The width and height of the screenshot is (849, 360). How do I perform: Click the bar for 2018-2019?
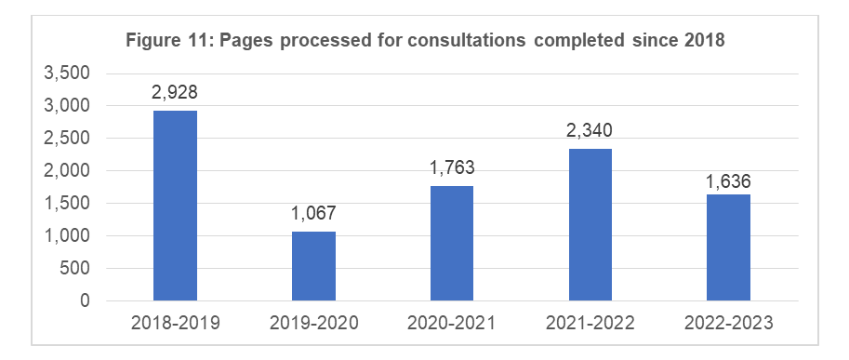(175, 206)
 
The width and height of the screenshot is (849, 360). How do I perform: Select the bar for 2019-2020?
(313, 266)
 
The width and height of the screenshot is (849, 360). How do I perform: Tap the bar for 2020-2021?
(451, 244)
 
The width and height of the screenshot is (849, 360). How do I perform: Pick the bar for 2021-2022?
(590, 225)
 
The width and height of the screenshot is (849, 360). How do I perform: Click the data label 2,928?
(175, 93)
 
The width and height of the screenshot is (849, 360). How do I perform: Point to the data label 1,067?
(313, 214)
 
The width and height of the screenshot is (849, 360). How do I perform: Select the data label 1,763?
(451, 169)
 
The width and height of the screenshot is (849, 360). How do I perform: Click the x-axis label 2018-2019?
(175, 324)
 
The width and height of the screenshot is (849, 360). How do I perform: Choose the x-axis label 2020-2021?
(451, 324)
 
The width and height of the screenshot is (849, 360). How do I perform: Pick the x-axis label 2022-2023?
(728, 324)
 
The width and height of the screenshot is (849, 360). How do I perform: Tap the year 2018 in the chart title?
(704, 40)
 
